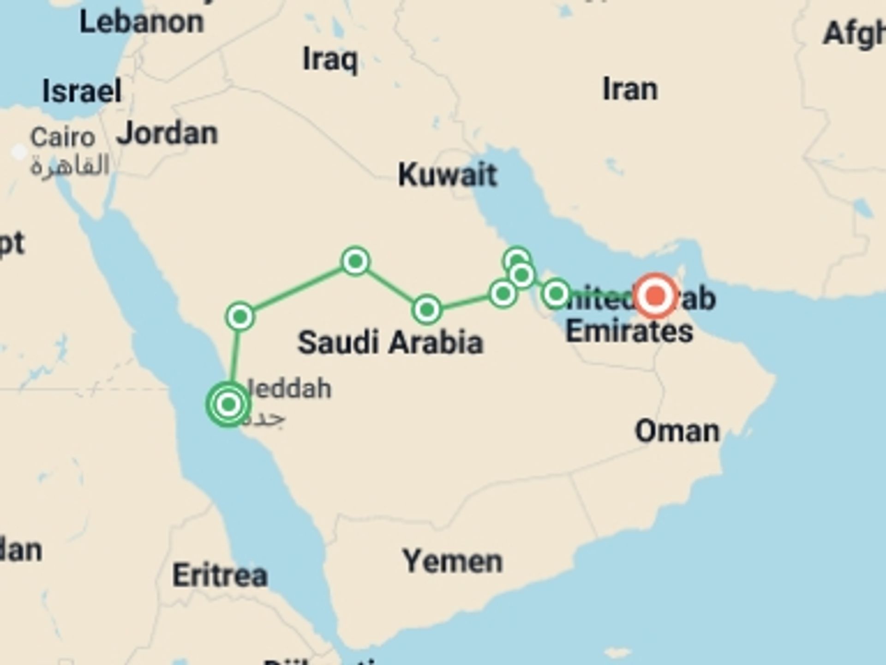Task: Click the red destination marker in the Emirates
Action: [655, 296]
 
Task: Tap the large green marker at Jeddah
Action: [228, 405]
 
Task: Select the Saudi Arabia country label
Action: [390, 343]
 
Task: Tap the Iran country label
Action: [630, 89]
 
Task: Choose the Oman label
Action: [677, 432]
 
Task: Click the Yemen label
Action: [452, 562]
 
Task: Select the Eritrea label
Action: [220, 575]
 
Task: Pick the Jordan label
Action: [167, 133]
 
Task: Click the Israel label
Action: [82, 91]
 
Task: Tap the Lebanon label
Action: [141, 22]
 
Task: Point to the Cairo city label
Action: [63, 138]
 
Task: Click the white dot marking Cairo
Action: [19, 151]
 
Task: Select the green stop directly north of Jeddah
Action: [240, 316]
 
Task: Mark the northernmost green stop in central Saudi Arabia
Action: [355, 261]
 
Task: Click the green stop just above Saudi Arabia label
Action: [427, 309]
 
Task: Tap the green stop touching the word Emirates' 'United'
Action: [556, 293]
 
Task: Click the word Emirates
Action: [629, 331]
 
